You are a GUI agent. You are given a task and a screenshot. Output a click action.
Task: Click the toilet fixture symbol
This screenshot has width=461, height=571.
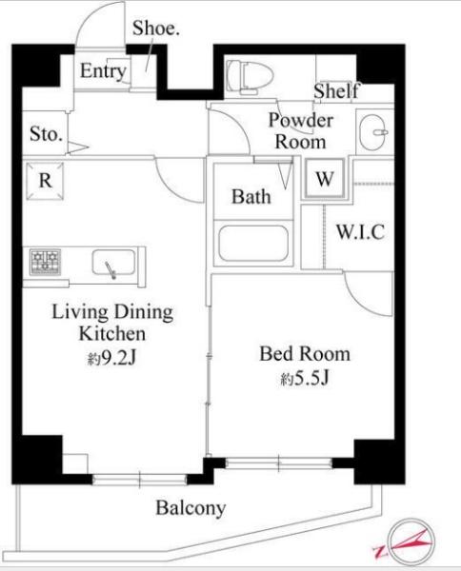click(x=250, y=77)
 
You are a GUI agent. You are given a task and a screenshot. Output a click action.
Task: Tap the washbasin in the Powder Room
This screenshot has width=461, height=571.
click(x=374, y=132)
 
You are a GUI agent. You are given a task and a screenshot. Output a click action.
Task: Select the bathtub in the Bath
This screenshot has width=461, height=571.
click(x=253, y=244)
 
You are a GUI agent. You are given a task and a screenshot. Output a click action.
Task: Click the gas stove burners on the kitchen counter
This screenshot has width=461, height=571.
click(x=45, y=262)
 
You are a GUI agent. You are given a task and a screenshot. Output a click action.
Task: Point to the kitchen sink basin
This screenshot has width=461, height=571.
click(x=113, y=263)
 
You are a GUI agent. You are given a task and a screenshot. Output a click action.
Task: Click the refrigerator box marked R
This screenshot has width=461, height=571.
click(x=45, y=181)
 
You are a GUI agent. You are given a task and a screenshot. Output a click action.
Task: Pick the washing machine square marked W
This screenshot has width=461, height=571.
click(x=325, y=178)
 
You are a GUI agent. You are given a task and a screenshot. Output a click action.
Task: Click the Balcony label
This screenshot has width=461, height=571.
click(x=190, y=507)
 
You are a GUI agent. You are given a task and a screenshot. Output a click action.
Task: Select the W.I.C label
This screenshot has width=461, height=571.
click(x=360, y=231)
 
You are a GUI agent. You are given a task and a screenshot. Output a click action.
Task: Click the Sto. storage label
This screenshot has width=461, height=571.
click(x=46, y=133)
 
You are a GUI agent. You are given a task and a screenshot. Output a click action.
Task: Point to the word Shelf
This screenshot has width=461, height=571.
click(x=337, y=90)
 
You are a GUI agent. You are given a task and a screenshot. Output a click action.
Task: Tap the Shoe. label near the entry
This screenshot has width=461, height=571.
click(x=156, y=28)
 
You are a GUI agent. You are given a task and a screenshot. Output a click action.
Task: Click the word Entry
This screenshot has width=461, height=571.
click(x=103, y=71)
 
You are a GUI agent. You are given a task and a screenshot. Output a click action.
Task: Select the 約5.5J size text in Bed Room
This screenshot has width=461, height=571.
click(x=305, y=378)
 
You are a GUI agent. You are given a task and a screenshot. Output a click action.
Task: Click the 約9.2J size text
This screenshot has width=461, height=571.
click(x=111, y=358)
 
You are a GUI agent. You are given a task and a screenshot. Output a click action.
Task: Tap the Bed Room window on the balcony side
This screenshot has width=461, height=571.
click(x=279, y=463)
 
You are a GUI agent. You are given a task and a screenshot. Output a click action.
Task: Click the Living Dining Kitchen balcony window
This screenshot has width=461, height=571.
click(x=140, y=479)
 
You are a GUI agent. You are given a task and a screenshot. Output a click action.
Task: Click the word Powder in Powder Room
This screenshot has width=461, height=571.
click(x=301, y=121)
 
